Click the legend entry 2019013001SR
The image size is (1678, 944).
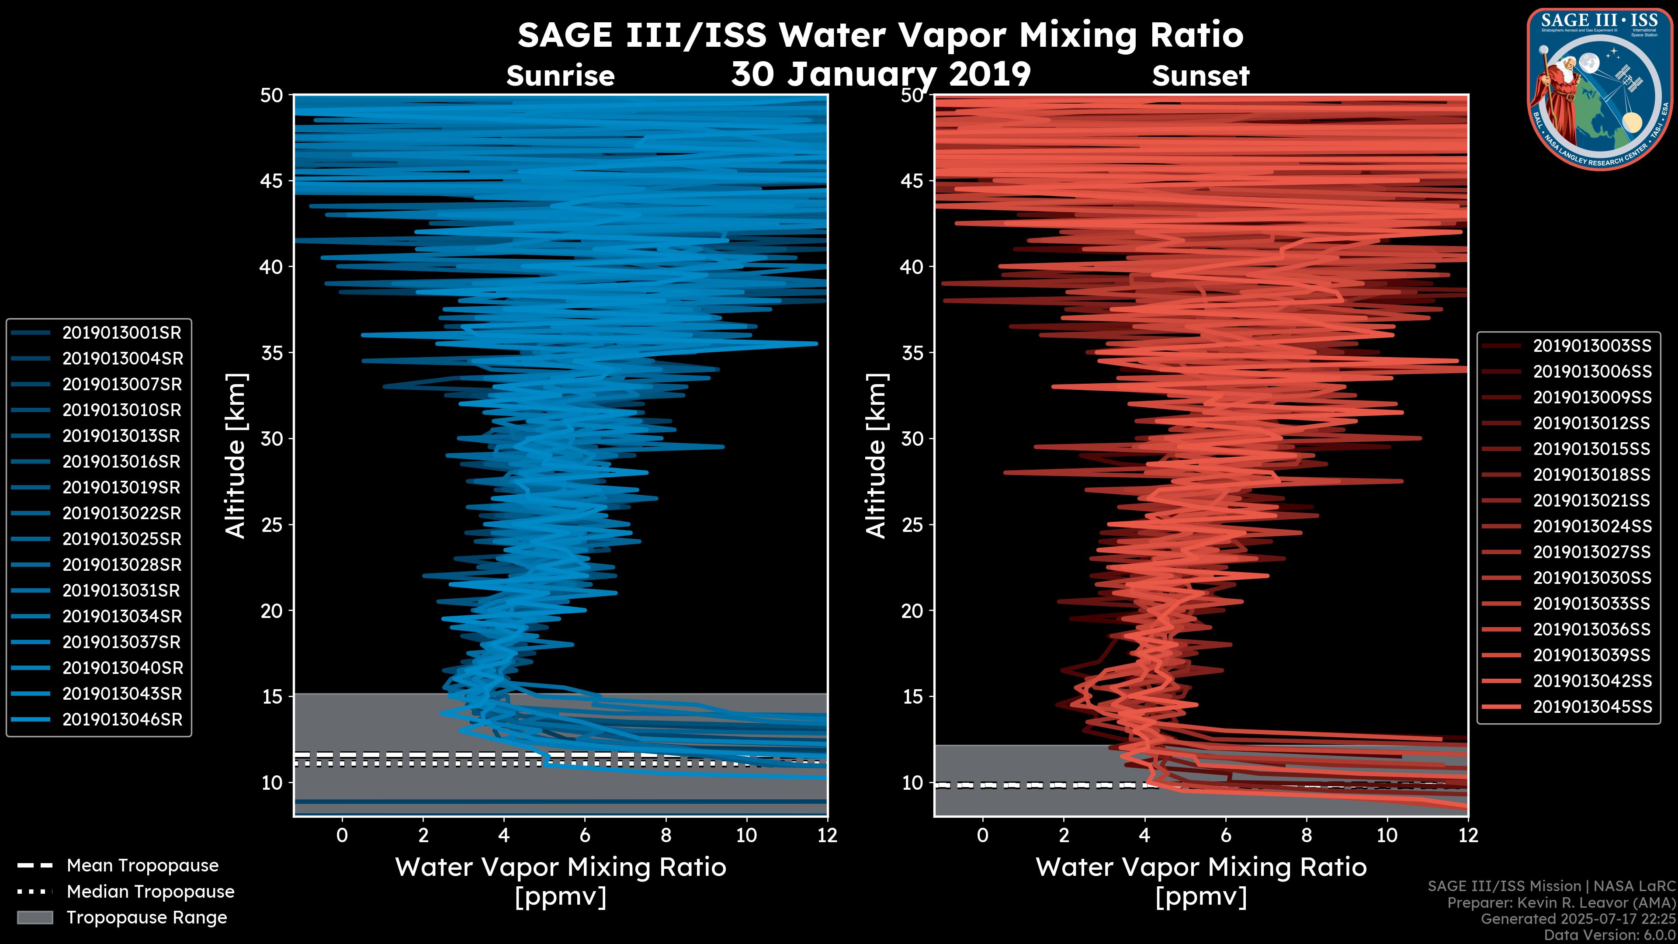[x=122, y=333]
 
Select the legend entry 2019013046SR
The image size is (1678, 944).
[x=122, y=720]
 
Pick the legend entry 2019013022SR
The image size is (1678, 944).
[x=122, y=514]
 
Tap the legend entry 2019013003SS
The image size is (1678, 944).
[x=1592, y=346]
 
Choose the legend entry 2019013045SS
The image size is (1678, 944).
[x=1592, y=707]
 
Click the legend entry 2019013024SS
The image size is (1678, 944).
[x=1592, y=526]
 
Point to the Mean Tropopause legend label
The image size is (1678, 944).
[x=142, y=866]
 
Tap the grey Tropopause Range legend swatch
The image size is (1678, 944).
[x=35, y=917]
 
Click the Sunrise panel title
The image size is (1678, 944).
[x=560, y=76]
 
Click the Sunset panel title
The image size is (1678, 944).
[x=1200, y=76]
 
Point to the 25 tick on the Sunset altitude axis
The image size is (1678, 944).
[x=912, y=525]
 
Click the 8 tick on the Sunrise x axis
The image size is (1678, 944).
[x=666, y=835]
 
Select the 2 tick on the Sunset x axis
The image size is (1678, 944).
[x=1064, y=835]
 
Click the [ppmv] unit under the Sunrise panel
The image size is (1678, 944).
[x=560, y=897]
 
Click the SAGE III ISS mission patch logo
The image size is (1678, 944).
[x=1600, y=89]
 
